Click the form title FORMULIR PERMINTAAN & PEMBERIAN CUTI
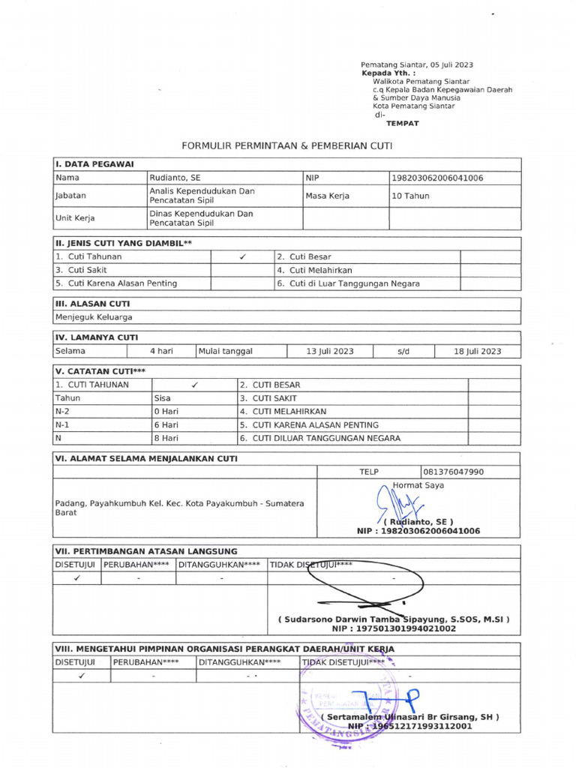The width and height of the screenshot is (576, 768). tap(287, 145)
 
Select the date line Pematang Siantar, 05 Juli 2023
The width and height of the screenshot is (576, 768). tap(417, 65)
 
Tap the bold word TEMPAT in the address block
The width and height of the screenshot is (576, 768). tap(402, 123)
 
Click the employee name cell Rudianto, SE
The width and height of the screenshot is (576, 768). tap(175, 178)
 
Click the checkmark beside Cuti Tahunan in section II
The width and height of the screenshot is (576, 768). tap(243, 256)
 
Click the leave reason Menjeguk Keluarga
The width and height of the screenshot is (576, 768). tap(94, 316)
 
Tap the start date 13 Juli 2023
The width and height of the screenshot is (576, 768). tap(330, 351)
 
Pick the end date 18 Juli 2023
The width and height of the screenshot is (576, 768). tap(477, 351)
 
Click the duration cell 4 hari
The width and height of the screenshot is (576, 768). tap(162, 351)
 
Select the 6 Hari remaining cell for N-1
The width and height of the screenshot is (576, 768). tap(166, 424)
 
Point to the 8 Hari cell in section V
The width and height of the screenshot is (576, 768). tap(166, 438)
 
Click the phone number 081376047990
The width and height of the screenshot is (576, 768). tap(454, 472)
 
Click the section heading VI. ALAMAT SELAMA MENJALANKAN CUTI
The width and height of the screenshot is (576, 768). tap(146, 458)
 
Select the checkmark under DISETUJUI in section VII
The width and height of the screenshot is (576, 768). tap(77, 578)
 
